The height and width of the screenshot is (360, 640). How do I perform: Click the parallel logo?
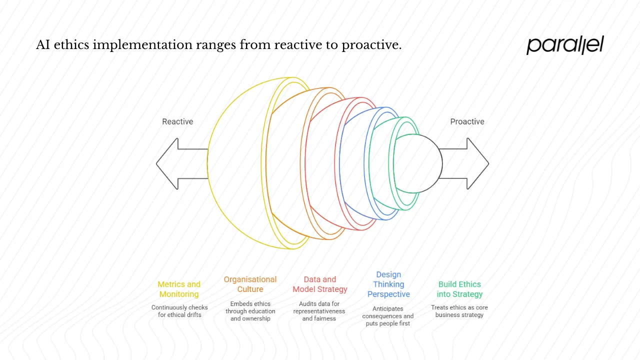pyautogui.click(x=565, y=45)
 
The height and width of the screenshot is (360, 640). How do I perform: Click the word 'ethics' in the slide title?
pyautogui.click(x=72, y=45)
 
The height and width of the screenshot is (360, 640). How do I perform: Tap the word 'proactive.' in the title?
pyautogui.click(x=371, y=45)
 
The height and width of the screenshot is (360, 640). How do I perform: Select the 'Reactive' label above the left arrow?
pyautogui.click(x=177, y=121)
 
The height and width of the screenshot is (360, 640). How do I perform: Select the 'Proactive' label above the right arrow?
pyautogui.click(x=467, y=121)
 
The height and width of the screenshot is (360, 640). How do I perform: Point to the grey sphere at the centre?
pyautogui.click(x=420, y=163)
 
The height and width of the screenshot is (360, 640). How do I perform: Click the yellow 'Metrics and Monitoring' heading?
pyautogui.click(x=179, y=289)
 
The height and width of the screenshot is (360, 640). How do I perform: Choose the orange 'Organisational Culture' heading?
pyautogui.click(x=250, y=284)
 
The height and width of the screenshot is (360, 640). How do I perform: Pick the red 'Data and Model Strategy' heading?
pyautogui.click(x=320, y=284)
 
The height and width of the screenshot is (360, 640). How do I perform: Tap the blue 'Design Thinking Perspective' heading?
pyautogui.click(x=388, y=284)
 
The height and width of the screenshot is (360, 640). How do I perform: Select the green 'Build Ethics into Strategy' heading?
pyautogui.click(x=459, y=289)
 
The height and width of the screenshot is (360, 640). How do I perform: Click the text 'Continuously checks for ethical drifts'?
pyautogui.click(x=179, y=311)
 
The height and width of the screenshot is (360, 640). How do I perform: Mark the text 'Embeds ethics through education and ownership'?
pyautogui.click(x=250, y=311)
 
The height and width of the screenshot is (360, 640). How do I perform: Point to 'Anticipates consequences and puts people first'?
pyautogui.click(x=388, y=316)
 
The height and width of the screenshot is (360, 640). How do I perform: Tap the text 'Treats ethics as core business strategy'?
pyautogui.click(x=459, y=311)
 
